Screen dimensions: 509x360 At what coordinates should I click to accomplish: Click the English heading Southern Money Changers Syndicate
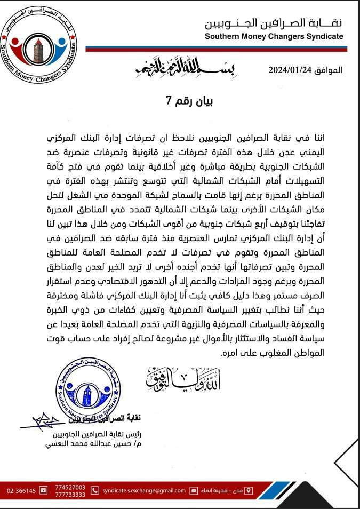pyautogui.click(x=274, y=36)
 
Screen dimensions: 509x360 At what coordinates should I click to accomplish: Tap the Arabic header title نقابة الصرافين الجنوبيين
pyautogui.click(x=274, y=23)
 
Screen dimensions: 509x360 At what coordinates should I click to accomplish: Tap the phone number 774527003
pyautogui.click(x=70, y=487)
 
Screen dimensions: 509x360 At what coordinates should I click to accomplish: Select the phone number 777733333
pyautogui.click(x=70, y=494)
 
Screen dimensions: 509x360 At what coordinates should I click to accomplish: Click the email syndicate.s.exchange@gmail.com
pyautogui.click(x=144, y=490)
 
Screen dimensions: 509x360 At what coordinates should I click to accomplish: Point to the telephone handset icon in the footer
pyautogui.click(x=95, y=490)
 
